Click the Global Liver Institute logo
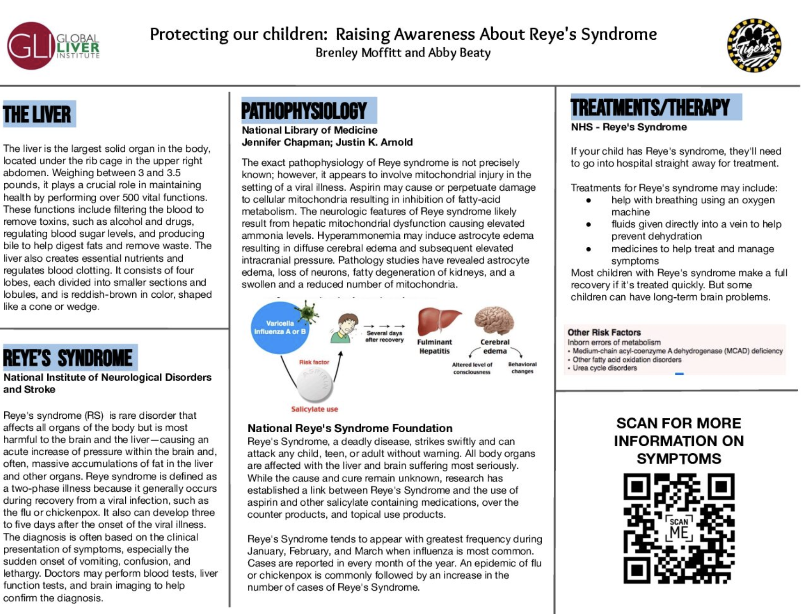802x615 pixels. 53,46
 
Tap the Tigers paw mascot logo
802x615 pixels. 753,45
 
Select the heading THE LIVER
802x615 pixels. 37,114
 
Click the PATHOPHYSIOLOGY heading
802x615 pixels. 304,111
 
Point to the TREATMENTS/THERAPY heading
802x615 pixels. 650,107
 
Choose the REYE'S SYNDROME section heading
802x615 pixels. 68,358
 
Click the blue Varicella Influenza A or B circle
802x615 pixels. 279,327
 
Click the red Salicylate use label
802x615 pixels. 315,409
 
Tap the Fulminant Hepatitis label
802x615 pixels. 434,346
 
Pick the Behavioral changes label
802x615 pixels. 522,368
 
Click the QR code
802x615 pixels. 679,529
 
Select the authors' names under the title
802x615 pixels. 403,53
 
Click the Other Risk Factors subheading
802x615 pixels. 604,332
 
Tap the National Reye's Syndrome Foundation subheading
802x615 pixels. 350,428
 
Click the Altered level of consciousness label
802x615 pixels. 472,368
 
